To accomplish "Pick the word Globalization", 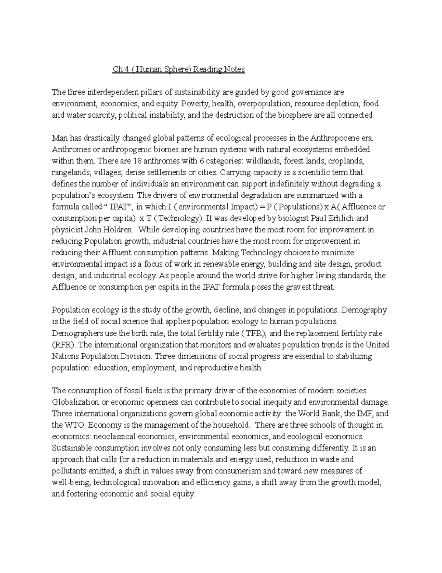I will pos(76,402).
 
